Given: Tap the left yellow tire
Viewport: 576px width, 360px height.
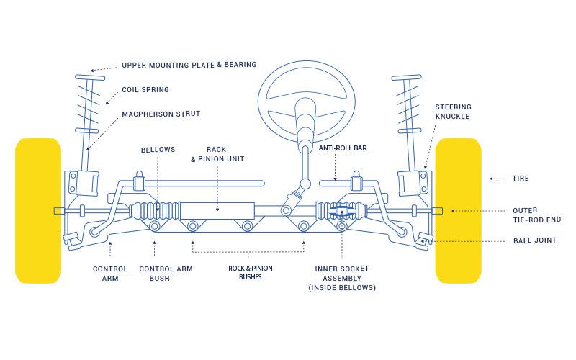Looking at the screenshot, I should click(x=38, y=210).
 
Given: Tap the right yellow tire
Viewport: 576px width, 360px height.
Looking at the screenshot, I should click(x=458, y=210).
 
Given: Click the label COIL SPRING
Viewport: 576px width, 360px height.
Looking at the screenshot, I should click(x=145, y=90).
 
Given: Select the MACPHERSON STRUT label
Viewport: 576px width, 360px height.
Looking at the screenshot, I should click(x=161, y=114).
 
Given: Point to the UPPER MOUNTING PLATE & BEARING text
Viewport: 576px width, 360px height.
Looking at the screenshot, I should click(x=189, y=65).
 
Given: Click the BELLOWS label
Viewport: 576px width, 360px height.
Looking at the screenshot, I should click(x=158, y=150).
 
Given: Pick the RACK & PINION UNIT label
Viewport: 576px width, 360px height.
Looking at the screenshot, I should click(x=217, y=154).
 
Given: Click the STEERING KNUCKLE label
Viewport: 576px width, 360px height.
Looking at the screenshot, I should click(x=453, y=112).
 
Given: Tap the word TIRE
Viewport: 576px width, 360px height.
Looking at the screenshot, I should click(x=521, y=179).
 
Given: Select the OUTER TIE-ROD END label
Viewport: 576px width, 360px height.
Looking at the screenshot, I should click(x=536, y=215).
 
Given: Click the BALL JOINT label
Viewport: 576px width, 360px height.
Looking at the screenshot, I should click(x=534, y=240).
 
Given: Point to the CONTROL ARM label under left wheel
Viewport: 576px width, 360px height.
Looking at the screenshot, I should click(x=110, y=274).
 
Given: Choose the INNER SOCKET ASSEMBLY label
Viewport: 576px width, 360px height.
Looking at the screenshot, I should click(x=342, y=278).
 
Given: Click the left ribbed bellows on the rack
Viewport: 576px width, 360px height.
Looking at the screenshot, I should click(x=155, y=210).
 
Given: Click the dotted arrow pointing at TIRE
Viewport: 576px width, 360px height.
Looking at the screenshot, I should click(x=496, y=179).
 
